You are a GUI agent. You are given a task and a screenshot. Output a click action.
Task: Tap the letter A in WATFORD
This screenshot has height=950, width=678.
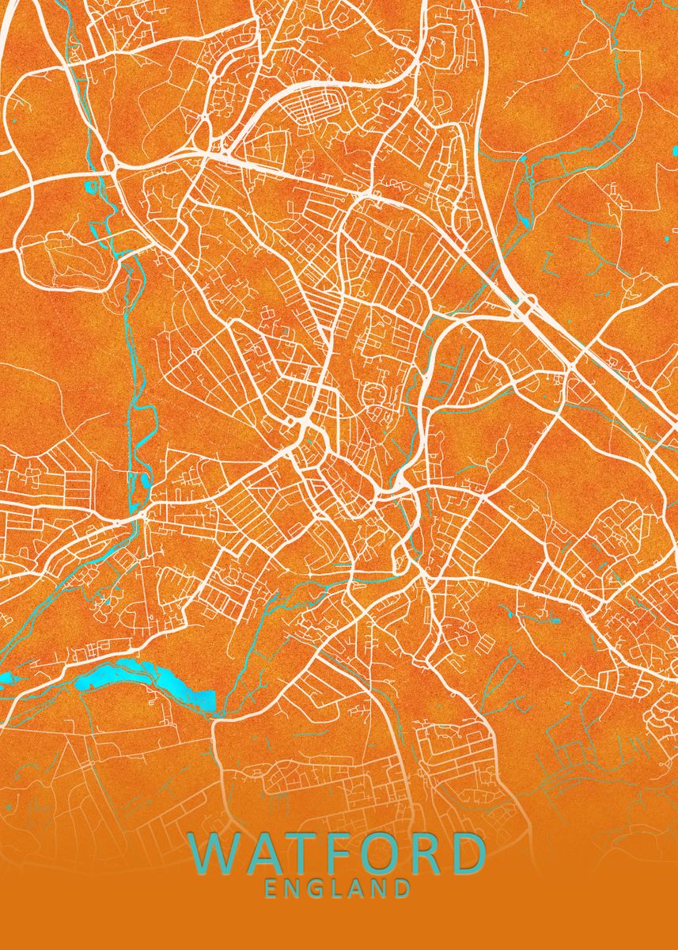click(268, 854)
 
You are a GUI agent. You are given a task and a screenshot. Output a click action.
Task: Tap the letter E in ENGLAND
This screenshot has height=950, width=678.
click(271, 889)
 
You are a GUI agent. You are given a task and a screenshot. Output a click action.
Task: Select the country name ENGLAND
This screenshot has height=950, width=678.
click(338, 889)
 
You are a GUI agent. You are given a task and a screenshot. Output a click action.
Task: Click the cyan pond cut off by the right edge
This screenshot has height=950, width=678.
click(675, 150)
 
